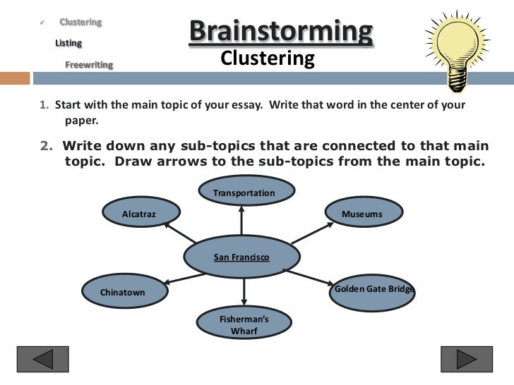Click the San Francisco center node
[241, 258]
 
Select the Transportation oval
[244, 192]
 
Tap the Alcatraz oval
[139, 214]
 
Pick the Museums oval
[362, 214]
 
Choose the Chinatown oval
[123, 292]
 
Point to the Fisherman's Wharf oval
[244, 324]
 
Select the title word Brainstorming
[280, 32]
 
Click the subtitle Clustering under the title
[267, 59]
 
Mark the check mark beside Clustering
[43, 23]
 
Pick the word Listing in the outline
[68, 44]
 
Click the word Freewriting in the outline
[89, 65]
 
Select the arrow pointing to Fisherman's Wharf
[244, 292]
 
